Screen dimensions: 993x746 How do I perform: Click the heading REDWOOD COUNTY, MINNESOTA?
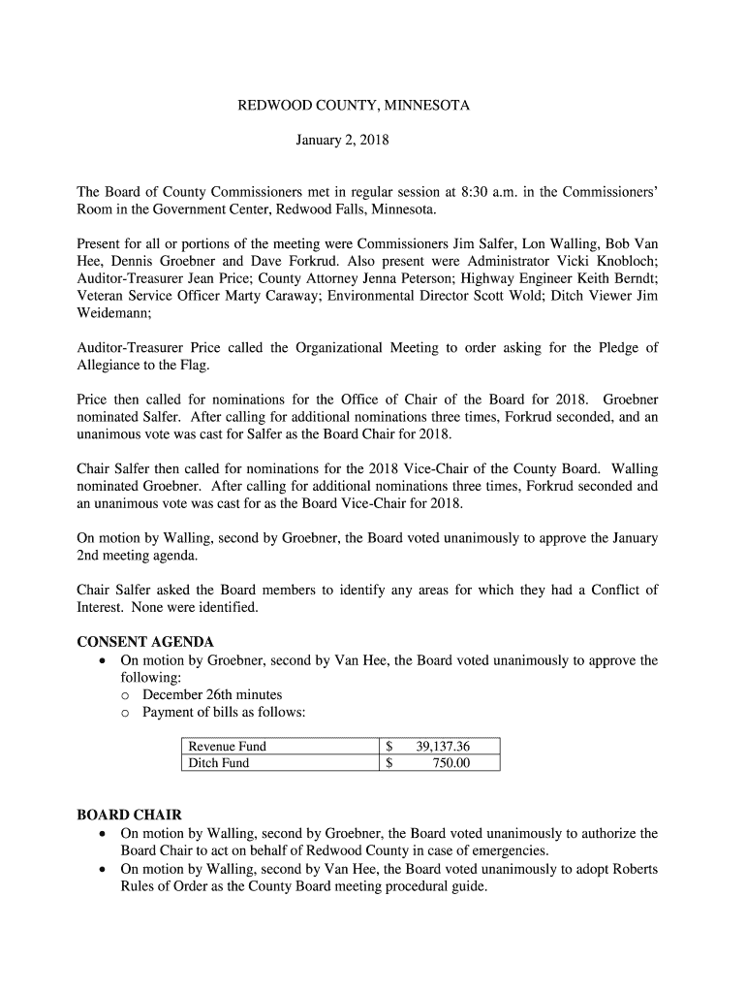tap(354, 105)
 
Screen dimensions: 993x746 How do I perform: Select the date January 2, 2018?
tap(341, 142)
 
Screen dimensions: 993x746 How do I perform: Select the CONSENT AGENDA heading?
tap(145, 643)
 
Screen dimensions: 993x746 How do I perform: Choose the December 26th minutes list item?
tap(212, 695)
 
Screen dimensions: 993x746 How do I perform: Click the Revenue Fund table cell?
tap(228, 747)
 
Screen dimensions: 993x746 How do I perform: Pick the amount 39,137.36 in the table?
tap(443, 747)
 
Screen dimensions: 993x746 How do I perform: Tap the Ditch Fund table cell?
tap(219, 763)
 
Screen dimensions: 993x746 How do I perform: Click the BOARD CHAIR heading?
tap(129, 816)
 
